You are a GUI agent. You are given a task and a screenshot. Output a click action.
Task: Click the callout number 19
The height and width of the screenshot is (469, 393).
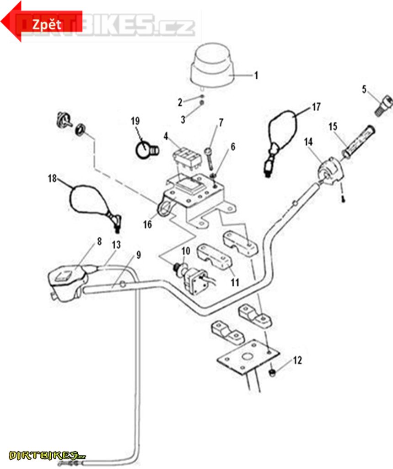click(135, 121)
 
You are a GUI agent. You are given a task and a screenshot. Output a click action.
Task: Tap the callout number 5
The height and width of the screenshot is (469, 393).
click(365, 89)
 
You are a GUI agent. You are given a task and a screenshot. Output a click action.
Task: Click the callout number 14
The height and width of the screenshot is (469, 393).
click(309, 142)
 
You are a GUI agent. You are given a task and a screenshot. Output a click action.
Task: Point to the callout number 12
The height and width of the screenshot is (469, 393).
click(297, 360)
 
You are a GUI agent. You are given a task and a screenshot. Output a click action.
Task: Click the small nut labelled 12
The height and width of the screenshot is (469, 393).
click(271, 373)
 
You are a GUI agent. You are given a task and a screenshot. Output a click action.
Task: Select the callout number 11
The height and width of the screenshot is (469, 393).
click(235, 283)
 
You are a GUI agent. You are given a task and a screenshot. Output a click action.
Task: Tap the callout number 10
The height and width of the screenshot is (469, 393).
click(185, 251)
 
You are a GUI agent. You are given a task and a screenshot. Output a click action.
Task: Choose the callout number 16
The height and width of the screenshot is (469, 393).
click(147, 224)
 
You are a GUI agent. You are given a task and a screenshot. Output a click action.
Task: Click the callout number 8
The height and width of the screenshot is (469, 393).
click(99, 241)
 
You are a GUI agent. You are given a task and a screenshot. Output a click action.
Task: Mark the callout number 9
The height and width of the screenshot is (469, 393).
click(138, 255)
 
